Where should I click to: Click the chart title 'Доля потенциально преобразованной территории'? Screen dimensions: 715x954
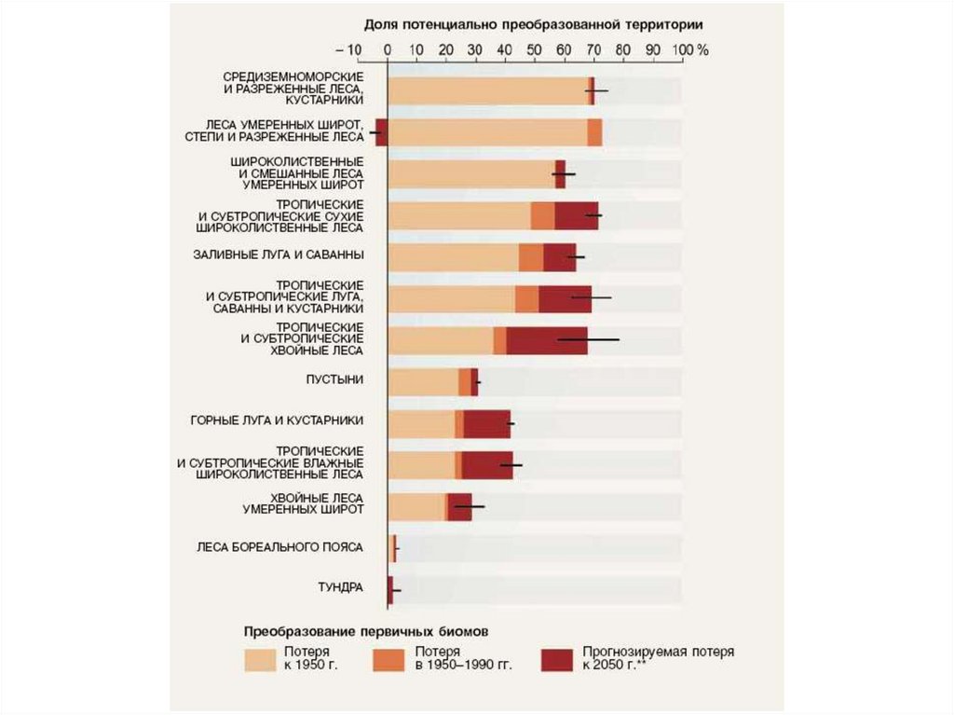[x=533, y=23]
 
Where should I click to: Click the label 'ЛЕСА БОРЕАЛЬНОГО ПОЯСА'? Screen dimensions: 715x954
[x=279, y=546]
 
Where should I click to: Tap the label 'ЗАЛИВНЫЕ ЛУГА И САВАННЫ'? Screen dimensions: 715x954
[x=279, y=254]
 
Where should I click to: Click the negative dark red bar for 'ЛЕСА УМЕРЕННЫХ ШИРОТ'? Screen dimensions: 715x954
[x=381, y=132]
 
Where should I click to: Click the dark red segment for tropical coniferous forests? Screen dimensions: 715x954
[x=547, y=341]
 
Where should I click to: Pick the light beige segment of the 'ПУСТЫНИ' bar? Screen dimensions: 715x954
[x=423, y=381]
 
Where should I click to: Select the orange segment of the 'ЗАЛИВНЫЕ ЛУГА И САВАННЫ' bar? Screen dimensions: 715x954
[x=531, y=257]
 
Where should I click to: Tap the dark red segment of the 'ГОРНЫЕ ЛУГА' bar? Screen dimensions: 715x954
[x=487, y=423]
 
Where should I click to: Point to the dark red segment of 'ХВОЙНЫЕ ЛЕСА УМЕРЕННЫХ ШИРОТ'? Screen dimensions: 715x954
[x=460, y=507]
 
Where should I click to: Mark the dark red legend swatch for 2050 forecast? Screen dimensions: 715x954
[x=557, y=658]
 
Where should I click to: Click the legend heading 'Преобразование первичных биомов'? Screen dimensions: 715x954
[x=366, y=631]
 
